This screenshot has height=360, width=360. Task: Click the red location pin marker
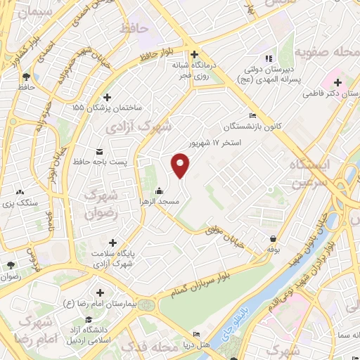point(181,165)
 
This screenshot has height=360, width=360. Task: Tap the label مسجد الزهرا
point(160,202)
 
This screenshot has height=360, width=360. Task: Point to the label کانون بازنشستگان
point(252,127)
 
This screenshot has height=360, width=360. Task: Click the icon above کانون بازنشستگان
point(252,116)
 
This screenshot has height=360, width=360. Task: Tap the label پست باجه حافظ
point(101,162)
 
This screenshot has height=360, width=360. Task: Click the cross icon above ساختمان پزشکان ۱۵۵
point(107,98)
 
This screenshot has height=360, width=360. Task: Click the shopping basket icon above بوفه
point(273,238)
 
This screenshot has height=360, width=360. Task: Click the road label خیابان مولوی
point(226,231)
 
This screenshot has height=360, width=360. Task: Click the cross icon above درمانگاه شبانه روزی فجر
point(195,54)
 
